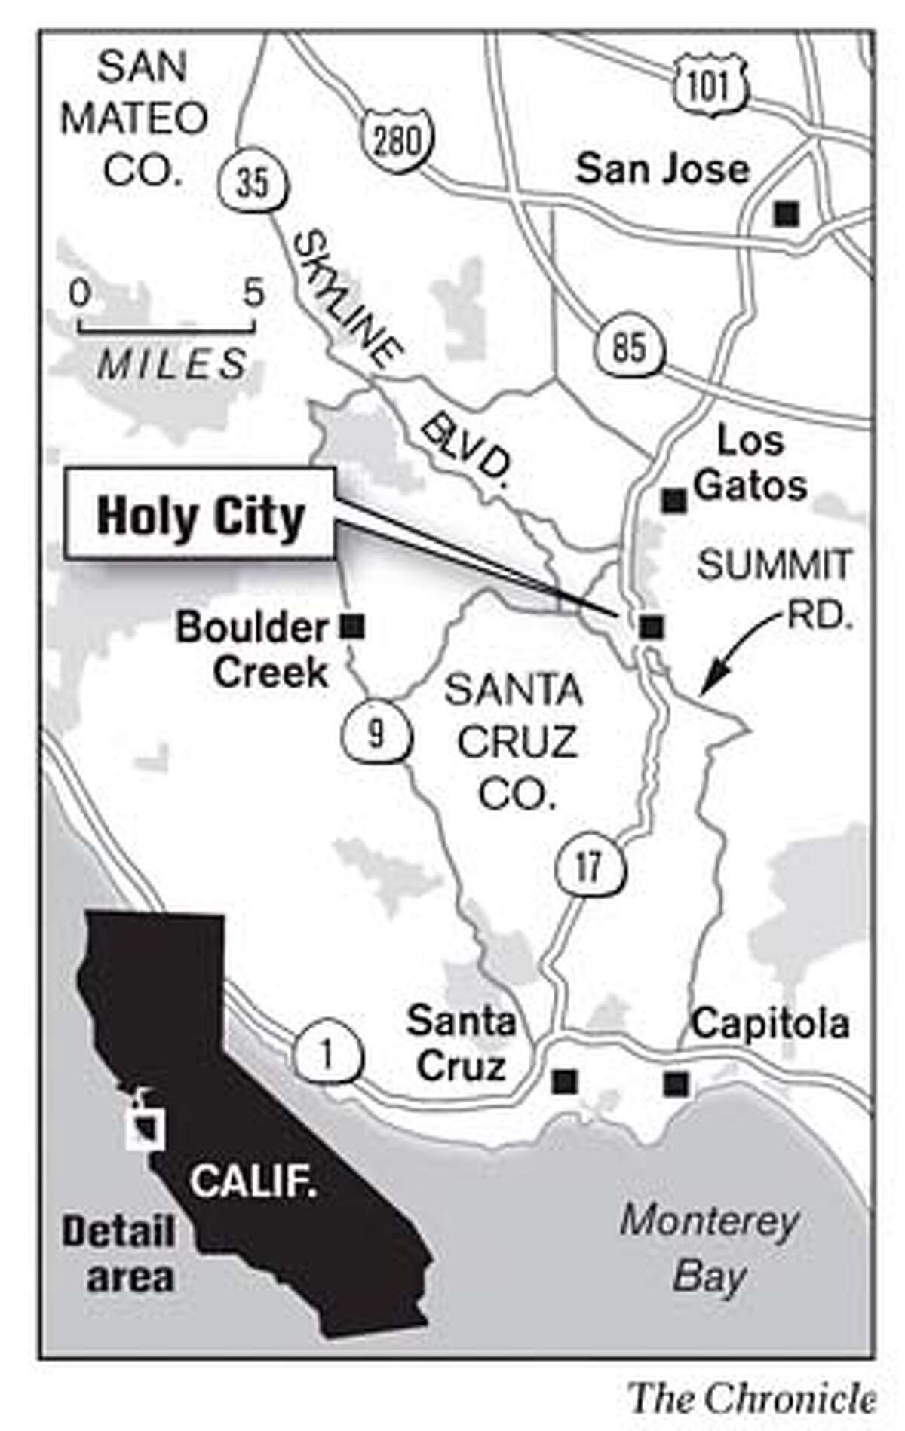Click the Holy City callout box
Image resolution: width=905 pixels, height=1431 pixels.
click(x=200, y=514)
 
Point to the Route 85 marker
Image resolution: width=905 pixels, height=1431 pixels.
click(x=629, y=347)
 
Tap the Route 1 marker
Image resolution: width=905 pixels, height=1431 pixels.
click(x=327, y=1056)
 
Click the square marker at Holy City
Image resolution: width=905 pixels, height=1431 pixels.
click(x=651, y=626)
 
